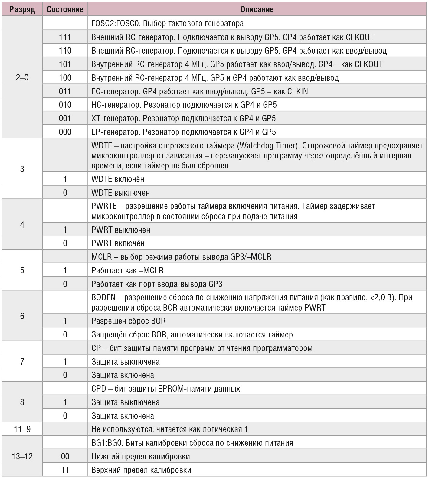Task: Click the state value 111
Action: point(65,37)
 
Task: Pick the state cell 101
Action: point(65,64)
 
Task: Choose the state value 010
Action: point(65,105)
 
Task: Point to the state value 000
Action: point(65,132)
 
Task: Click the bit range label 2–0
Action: point(22,78)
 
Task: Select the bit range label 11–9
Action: point(22,429)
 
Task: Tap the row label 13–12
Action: point(22,456)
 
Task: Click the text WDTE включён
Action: point(118,179)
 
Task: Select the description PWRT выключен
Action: point(121,230)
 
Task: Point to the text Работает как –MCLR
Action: point(127,270)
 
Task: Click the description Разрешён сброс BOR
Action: point(129,321)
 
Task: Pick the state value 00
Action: point(65,456)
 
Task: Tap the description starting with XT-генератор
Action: point(183,119)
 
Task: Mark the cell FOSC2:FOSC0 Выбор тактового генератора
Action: point(167,24)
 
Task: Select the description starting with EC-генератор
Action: point(199,91)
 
